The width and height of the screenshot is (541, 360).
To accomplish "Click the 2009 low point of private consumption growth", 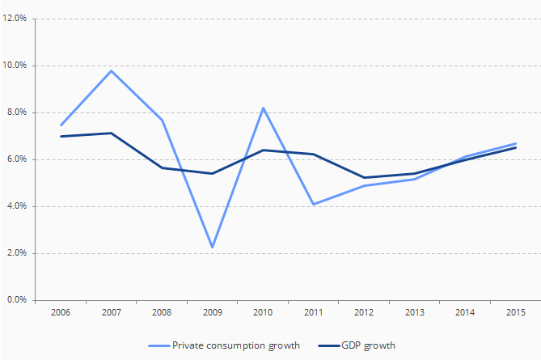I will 211,248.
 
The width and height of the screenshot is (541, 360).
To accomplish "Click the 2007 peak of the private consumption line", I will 111,70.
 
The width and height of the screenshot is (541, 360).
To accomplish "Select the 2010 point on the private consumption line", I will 263,108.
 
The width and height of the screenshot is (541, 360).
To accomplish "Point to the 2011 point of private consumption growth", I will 313,204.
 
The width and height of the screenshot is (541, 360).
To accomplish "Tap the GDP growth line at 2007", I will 111,133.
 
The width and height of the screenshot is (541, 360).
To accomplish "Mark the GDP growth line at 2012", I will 364,177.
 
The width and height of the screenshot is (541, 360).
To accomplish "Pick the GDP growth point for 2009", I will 211,173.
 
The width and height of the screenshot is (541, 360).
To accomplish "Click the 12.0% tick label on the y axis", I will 18,18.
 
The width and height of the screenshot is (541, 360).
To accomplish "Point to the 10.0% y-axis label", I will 18,65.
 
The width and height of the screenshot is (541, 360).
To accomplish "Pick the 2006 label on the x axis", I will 61,312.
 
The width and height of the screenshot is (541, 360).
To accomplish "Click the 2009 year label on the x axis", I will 211,312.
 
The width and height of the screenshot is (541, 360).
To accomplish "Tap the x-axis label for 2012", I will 364,312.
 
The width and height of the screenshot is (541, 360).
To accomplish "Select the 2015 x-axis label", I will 515,312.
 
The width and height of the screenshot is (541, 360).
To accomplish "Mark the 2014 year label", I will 465,312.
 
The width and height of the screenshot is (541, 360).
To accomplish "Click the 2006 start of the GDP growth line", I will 61,136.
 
